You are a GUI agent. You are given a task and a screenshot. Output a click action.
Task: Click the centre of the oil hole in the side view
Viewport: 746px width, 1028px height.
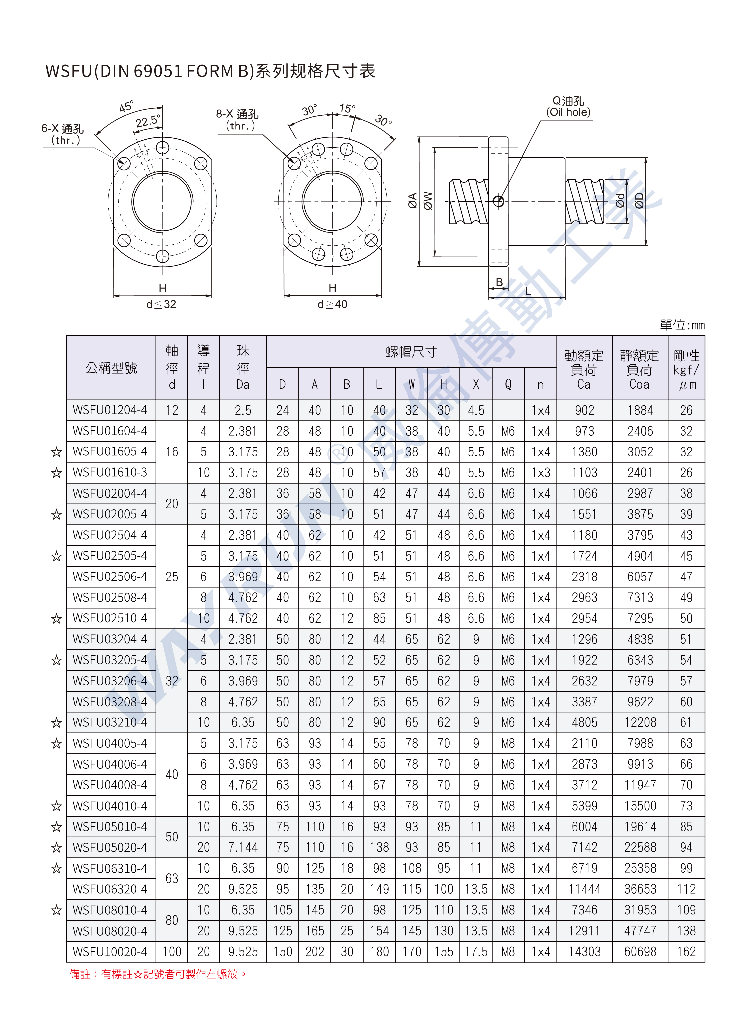point(499,201)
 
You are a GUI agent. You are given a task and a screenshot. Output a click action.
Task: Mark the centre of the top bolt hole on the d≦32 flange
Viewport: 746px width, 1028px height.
point(162,148)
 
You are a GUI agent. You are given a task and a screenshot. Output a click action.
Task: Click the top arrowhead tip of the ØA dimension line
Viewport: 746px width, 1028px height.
point(419,137)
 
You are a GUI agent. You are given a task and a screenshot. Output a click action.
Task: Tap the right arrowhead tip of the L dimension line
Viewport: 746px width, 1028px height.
point(565,297)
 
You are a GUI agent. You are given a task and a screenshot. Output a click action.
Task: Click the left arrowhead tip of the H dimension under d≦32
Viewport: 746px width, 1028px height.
point(113,296)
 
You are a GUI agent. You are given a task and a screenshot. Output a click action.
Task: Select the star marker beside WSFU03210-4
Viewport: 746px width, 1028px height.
point(56,722)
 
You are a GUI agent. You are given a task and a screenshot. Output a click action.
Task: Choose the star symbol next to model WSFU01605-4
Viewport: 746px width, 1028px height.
point(56,452)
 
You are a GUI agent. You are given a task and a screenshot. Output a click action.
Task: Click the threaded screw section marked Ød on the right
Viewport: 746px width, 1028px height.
point(585,201)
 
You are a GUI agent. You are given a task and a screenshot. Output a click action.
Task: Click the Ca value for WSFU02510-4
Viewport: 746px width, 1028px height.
point(584,619)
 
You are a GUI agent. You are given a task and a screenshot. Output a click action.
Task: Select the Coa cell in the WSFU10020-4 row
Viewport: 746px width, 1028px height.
point(640,952)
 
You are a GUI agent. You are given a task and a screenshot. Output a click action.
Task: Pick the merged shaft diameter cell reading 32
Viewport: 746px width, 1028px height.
point(172,681)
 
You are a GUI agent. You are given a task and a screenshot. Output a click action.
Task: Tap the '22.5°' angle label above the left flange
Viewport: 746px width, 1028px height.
point(148,121)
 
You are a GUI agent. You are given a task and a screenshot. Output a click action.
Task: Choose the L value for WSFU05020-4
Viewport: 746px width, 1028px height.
point(379,847)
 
